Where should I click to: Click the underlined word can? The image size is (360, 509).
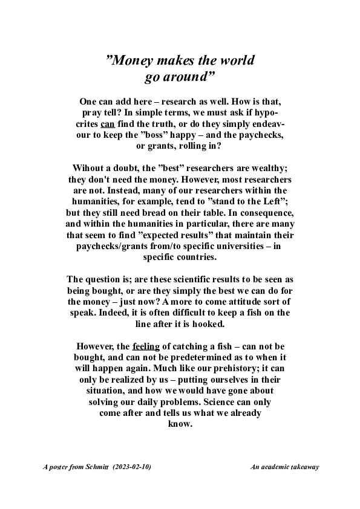point(108,124)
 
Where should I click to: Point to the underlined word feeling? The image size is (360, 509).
point(146,346)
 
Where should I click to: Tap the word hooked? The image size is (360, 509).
point(206,324)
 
